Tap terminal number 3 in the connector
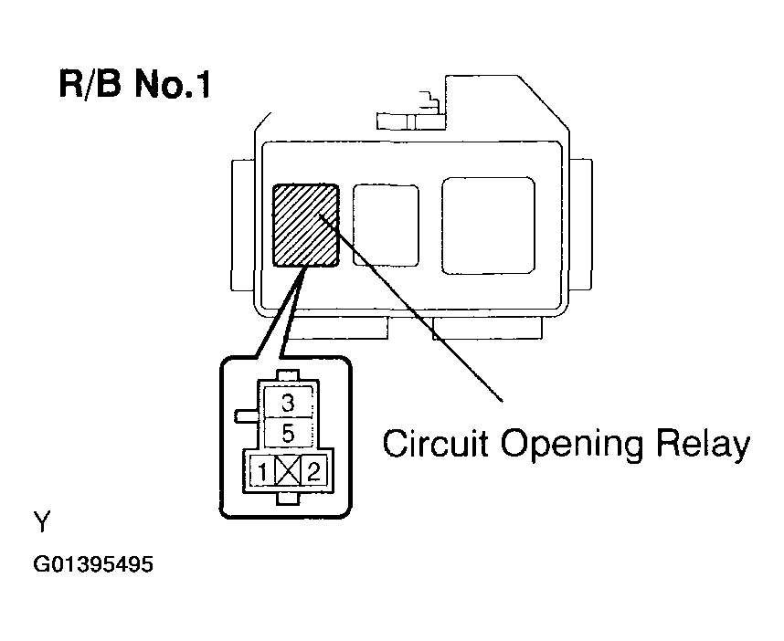tap(288, 403)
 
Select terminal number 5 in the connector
tap(288, 431)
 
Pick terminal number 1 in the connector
tap(262, 472)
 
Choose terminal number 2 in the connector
tap(313, 472)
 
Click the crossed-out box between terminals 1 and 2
tap(288, 472)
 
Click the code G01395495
tap(93, 564)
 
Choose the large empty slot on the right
tap(488, 225)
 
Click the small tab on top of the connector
tap(288, 375)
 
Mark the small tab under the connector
tap(288, 498)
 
